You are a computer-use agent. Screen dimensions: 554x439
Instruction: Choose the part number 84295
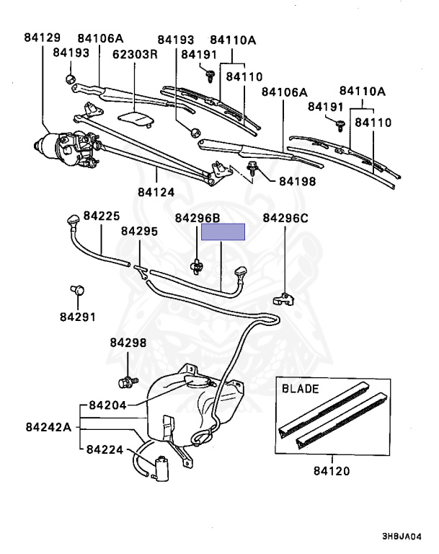coord(139,231)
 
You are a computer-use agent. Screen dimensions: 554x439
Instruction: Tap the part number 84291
coord(77,316)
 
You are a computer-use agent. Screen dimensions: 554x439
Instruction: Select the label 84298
coord(128,343)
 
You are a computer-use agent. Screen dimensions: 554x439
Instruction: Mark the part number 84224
coord(106,449)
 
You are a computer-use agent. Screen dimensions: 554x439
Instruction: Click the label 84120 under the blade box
coord(331,472)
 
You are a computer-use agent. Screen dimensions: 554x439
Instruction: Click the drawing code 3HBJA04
coord(402,537)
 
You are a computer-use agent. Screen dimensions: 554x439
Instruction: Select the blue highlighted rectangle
coord(223,232)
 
